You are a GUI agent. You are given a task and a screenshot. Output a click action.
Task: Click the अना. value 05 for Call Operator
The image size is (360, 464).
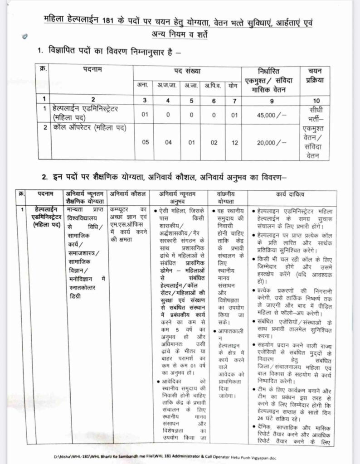pos(145,142)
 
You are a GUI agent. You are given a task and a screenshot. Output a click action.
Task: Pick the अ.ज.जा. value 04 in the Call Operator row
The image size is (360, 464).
pos(168,142)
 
